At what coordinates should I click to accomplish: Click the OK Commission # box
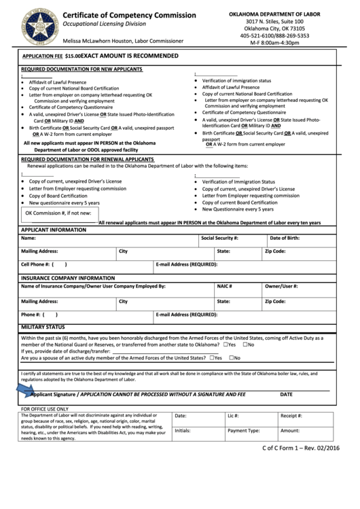[x=58, y=213]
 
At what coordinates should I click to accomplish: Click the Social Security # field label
[x=219, y=239]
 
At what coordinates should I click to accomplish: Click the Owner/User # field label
[x=281, y=287]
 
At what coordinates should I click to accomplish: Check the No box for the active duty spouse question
[x=232, y=357]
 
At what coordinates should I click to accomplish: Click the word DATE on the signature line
[x=286, y=394]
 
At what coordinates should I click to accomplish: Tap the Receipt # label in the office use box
[x=292, y=415]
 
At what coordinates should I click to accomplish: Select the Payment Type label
[x=243, y=431]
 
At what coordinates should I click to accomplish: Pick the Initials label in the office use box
[x=182, y=431]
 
